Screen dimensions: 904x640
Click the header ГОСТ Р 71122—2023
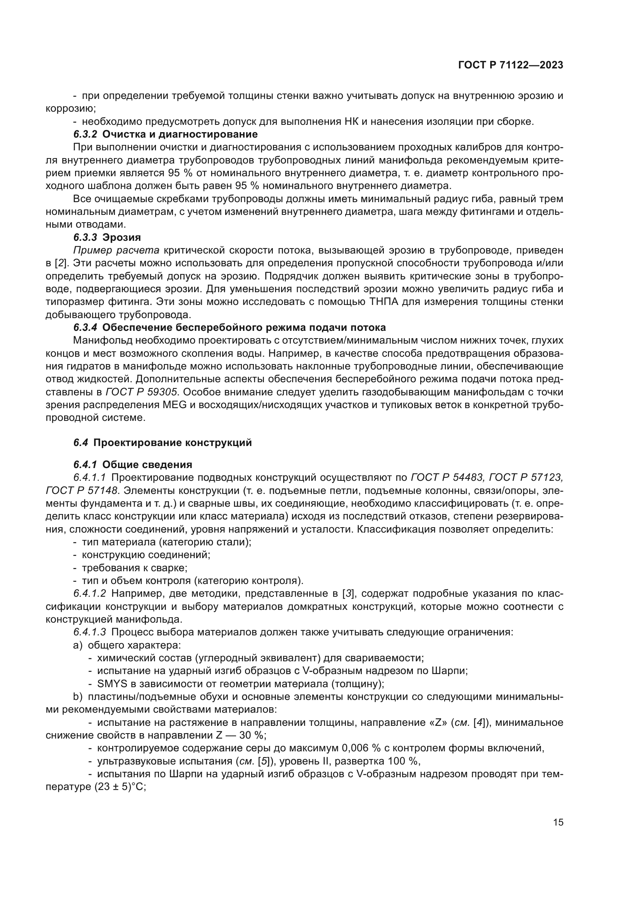tap(510, 65)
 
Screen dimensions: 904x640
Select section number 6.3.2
tap(85, 134)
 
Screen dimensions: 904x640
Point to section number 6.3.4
tap(85, 328)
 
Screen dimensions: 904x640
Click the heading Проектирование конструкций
tap(173, 443)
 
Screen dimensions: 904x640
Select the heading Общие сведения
tap(147, 465)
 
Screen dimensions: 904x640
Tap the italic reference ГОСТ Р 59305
tap(143, 392)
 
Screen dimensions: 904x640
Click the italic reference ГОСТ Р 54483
tap(447, 478)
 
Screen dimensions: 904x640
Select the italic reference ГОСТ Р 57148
tap(82, 490)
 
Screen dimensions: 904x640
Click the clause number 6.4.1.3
tap(90, 632)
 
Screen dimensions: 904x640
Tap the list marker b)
tap(78, 696)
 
